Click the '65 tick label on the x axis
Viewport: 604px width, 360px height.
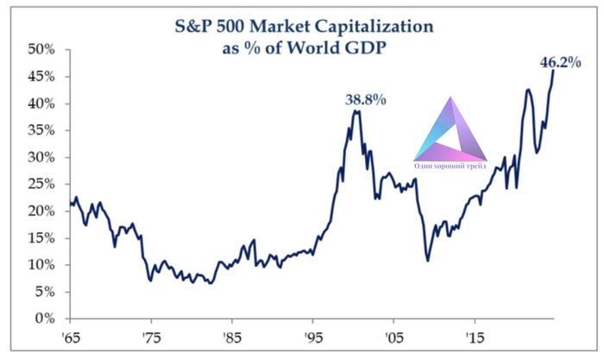70,338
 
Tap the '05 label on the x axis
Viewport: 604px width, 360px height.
394,338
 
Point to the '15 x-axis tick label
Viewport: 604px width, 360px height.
475,338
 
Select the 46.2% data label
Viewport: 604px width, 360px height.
560,62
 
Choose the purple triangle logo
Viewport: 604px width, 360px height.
450,134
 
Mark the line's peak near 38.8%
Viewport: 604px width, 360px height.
355,111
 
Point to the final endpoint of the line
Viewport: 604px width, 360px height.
553,72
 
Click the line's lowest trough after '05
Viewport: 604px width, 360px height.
427,260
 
